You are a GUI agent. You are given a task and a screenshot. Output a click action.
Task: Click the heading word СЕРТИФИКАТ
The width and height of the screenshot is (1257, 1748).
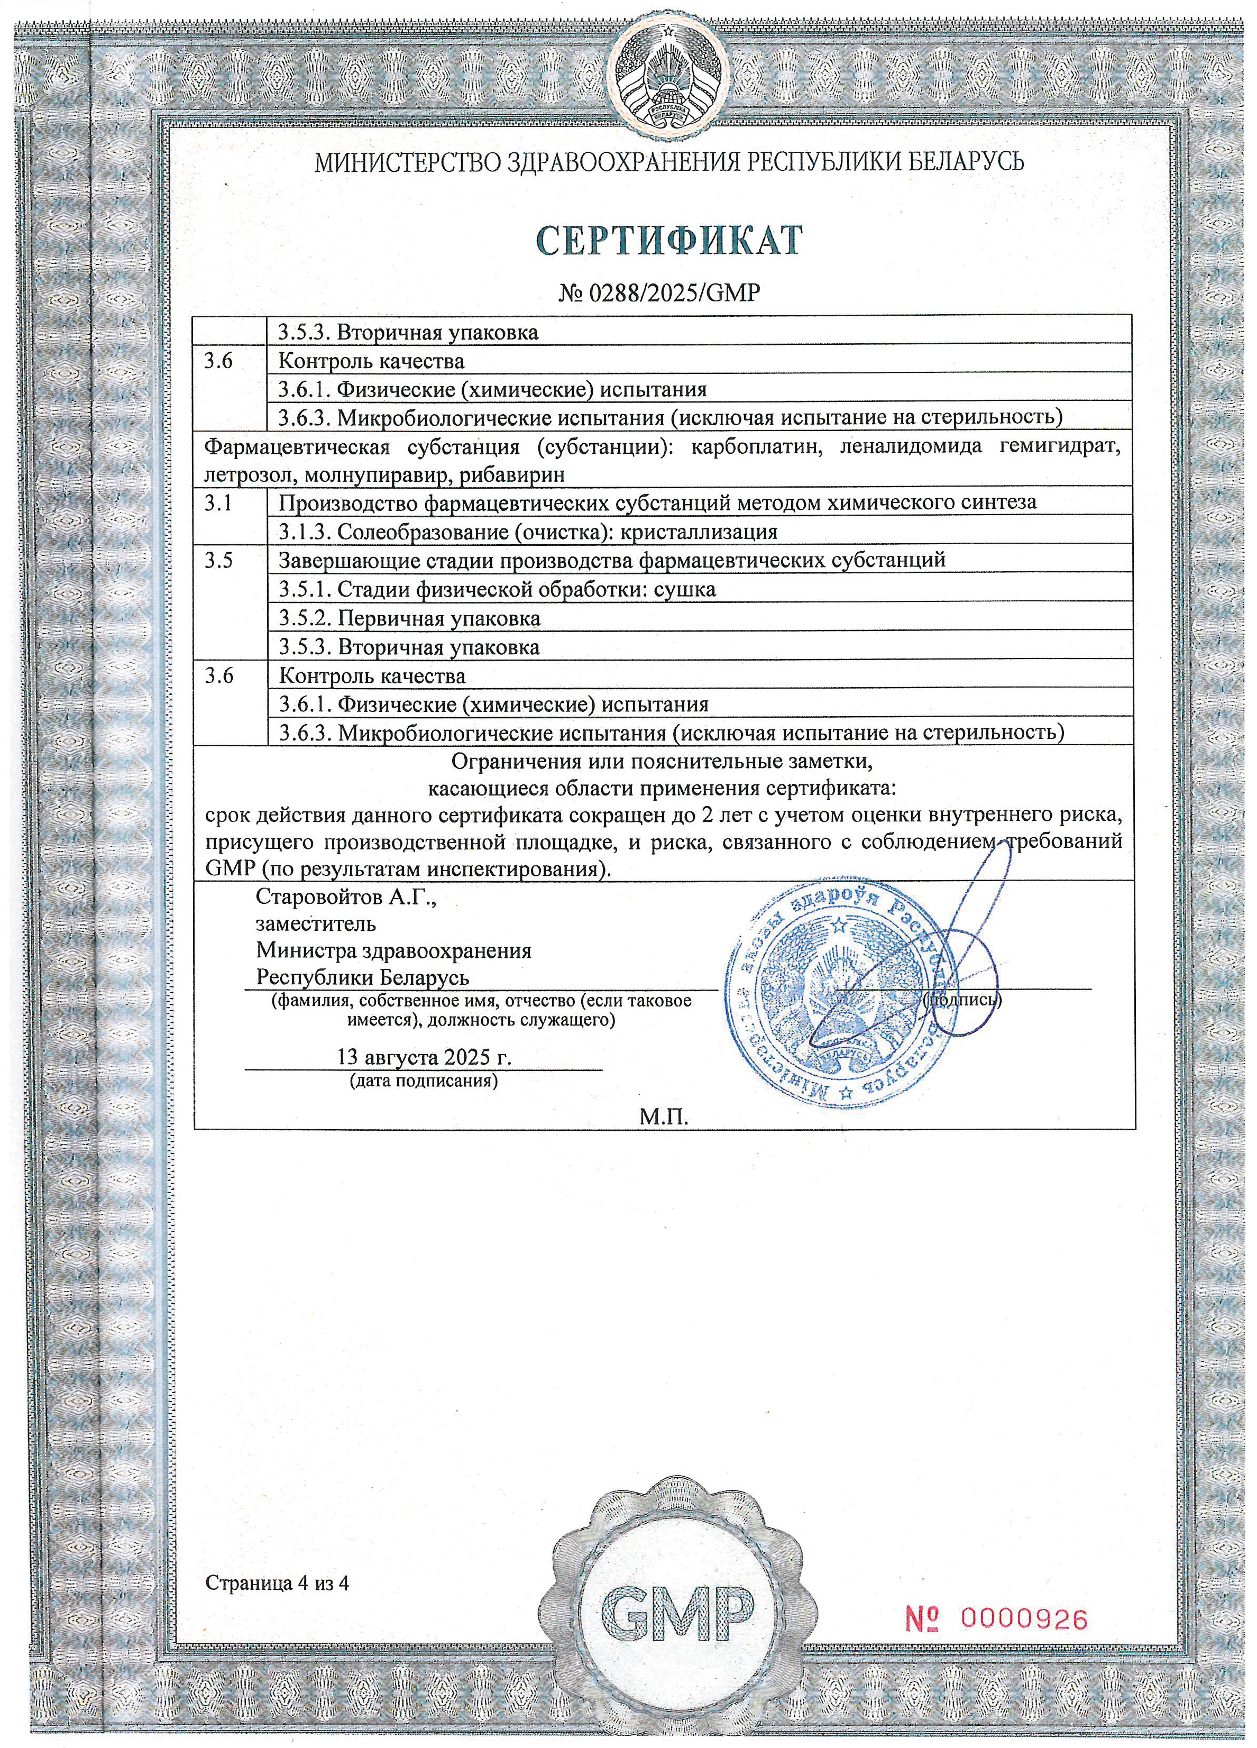669,241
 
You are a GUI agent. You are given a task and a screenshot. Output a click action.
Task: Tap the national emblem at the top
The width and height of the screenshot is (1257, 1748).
667,78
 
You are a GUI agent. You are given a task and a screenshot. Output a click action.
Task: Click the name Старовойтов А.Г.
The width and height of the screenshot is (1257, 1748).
346,896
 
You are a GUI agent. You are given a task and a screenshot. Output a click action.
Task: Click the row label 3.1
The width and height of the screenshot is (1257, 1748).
218,502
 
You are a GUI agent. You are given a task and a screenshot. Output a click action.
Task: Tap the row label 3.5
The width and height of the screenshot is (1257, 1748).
218,560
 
